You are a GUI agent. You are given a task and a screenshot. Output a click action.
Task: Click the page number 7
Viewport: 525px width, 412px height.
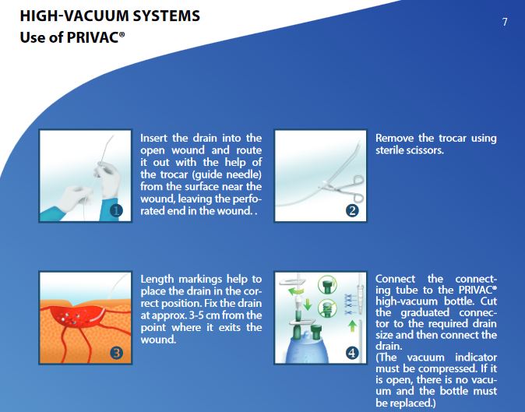pyautogui.click(x=505, y=22)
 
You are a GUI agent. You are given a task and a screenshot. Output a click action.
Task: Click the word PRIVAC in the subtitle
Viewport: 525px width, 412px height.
pyautogui.click(x=93, y=37)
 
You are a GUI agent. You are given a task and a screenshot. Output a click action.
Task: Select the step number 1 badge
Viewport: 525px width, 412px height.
pyautogui.click(x=116, y=211)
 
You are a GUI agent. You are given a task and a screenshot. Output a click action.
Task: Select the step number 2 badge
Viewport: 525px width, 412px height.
pyautogui.click(x=352, y=211)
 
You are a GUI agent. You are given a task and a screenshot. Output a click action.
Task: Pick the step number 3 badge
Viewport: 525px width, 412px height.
pyautogui.click(x=116, y=353)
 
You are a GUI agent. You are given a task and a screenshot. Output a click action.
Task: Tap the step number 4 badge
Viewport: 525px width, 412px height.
pyautogui.click(x=352, y=353)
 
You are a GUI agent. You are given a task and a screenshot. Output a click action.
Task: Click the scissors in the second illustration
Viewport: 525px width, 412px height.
pyautogui.click(x=344, y=188)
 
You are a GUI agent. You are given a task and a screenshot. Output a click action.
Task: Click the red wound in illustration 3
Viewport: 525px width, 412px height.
pyautogui.click(x=78, y=316)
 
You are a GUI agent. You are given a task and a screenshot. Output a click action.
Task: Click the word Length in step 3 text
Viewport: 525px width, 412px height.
pyautogui.click(x=157, y=280)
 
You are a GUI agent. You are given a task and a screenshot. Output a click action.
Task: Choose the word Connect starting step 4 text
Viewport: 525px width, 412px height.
pyautogui.click(x=395, y=279)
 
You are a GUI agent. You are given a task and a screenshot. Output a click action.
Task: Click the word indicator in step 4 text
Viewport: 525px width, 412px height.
pyautogui.click(x=476, y=357)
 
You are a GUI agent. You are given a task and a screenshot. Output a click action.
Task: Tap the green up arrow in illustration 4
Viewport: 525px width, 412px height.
pyautogui.click(x=352, y=326)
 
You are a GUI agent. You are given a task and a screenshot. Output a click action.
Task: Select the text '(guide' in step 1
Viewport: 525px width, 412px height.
pyautogui.click(x=208, y=174)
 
